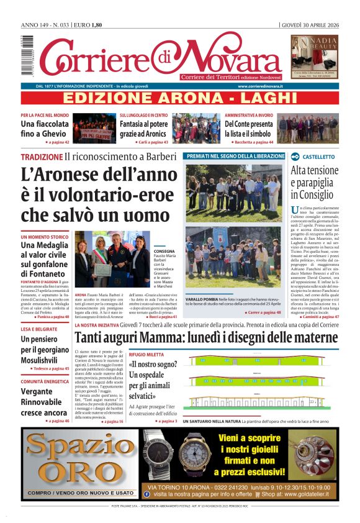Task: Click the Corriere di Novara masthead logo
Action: coord(160,57)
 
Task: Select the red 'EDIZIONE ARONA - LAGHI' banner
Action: coord(180,98)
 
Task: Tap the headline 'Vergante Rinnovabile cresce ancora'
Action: coord(43,402)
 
